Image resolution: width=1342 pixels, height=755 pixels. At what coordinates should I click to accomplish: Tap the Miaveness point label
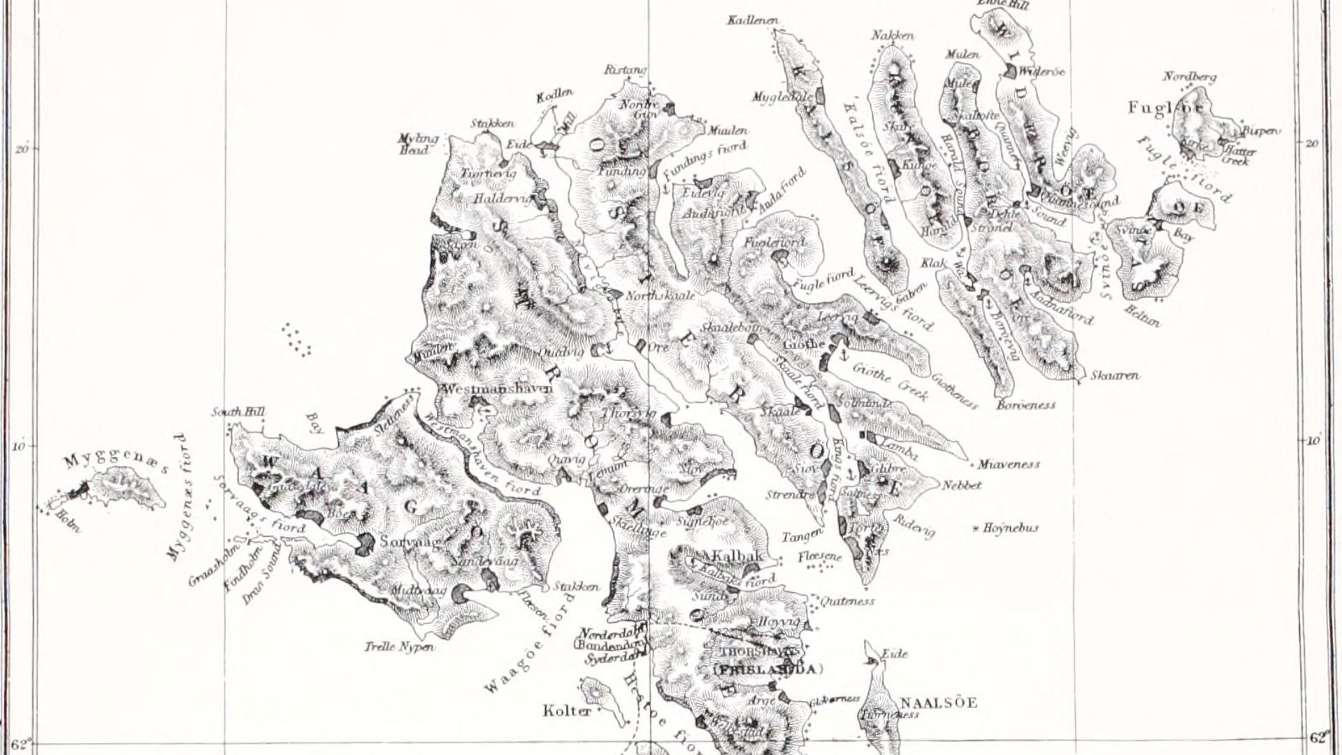click(1009, 464)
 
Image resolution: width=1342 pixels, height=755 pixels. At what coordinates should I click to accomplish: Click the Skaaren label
click(1115, 375)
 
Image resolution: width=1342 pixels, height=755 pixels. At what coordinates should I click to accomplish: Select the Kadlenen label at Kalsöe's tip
click(753, 21)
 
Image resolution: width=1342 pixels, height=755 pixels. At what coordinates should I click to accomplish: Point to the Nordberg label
click(1190, 77)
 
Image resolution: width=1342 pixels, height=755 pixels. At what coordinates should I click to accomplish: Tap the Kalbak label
click(735, 556)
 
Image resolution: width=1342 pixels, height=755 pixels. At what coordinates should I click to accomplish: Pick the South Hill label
click(239, 412)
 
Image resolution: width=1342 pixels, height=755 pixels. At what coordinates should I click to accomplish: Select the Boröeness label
click(1026, 405)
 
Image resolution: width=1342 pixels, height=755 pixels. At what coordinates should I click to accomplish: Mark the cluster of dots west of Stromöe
click(296, 339)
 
